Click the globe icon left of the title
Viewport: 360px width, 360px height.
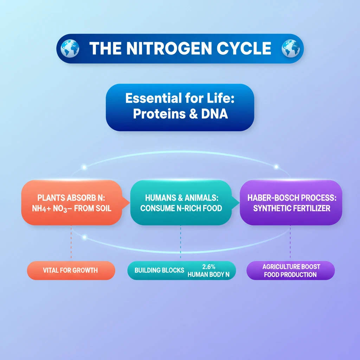click(70, 49)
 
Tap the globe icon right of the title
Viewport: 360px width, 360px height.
click(291, 49)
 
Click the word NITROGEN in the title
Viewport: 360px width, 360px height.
click(169, 49)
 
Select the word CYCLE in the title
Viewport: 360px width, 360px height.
click(244, 49)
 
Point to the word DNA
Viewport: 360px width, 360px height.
click(214, 114)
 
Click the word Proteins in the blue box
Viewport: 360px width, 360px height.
click(159, 114)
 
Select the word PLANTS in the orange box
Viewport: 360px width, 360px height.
click(51, 198)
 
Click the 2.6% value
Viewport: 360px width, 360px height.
click(209, 267)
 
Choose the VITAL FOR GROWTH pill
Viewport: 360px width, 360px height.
click(71, 270)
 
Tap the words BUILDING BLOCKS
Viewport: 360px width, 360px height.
click(159, 270)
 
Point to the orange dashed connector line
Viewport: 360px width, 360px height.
click(71, 242)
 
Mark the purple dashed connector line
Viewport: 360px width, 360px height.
click(290, 242)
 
